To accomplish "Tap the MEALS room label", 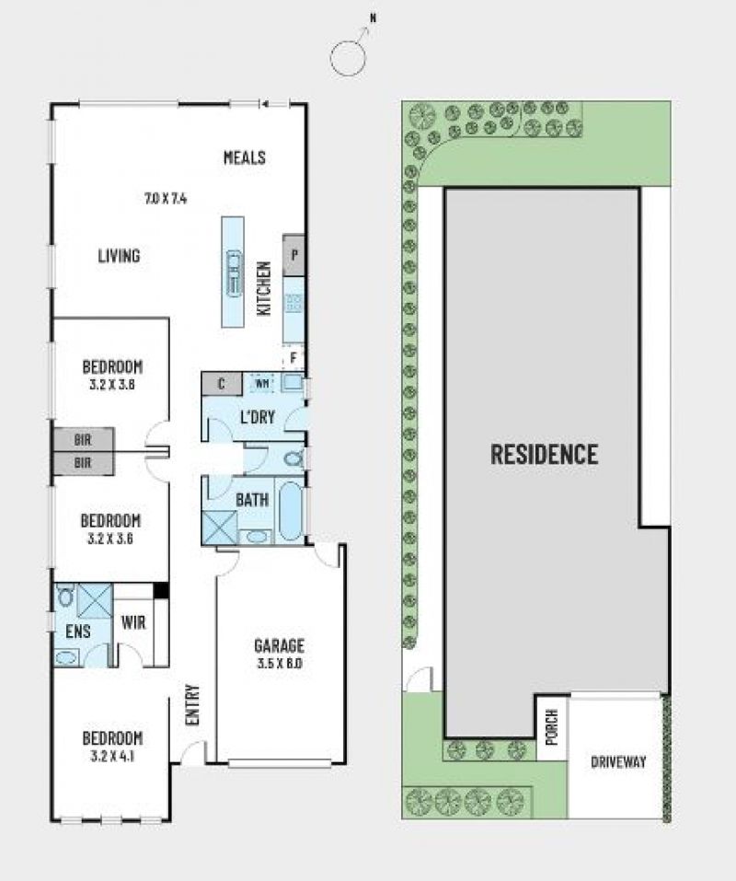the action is [245, 157].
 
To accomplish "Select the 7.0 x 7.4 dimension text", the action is [166, 198].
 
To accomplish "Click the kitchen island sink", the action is [234, 272].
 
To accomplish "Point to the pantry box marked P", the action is [293, 256].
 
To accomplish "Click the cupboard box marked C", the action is [221, 384].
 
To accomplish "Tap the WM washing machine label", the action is [261, 384].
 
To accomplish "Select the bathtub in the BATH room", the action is [291, 510].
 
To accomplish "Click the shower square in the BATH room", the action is [220, 527].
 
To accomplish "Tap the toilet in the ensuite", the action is [65, 596].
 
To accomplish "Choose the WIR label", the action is [133, 622].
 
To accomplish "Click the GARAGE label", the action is [279, 645].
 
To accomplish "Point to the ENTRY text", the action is [192, 704].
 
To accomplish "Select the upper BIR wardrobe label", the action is [83, 440].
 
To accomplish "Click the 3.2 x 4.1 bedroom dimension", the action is [112, 757].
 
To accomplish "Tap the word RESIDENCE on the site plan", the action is [544, 454].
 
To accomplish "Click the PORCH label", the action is [552, 727].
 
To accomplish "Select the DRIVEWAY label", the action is [618, 762].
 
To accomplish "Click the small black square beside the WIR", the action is [161, 590].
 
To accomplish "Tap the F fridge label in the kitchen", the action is [293, 358].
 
